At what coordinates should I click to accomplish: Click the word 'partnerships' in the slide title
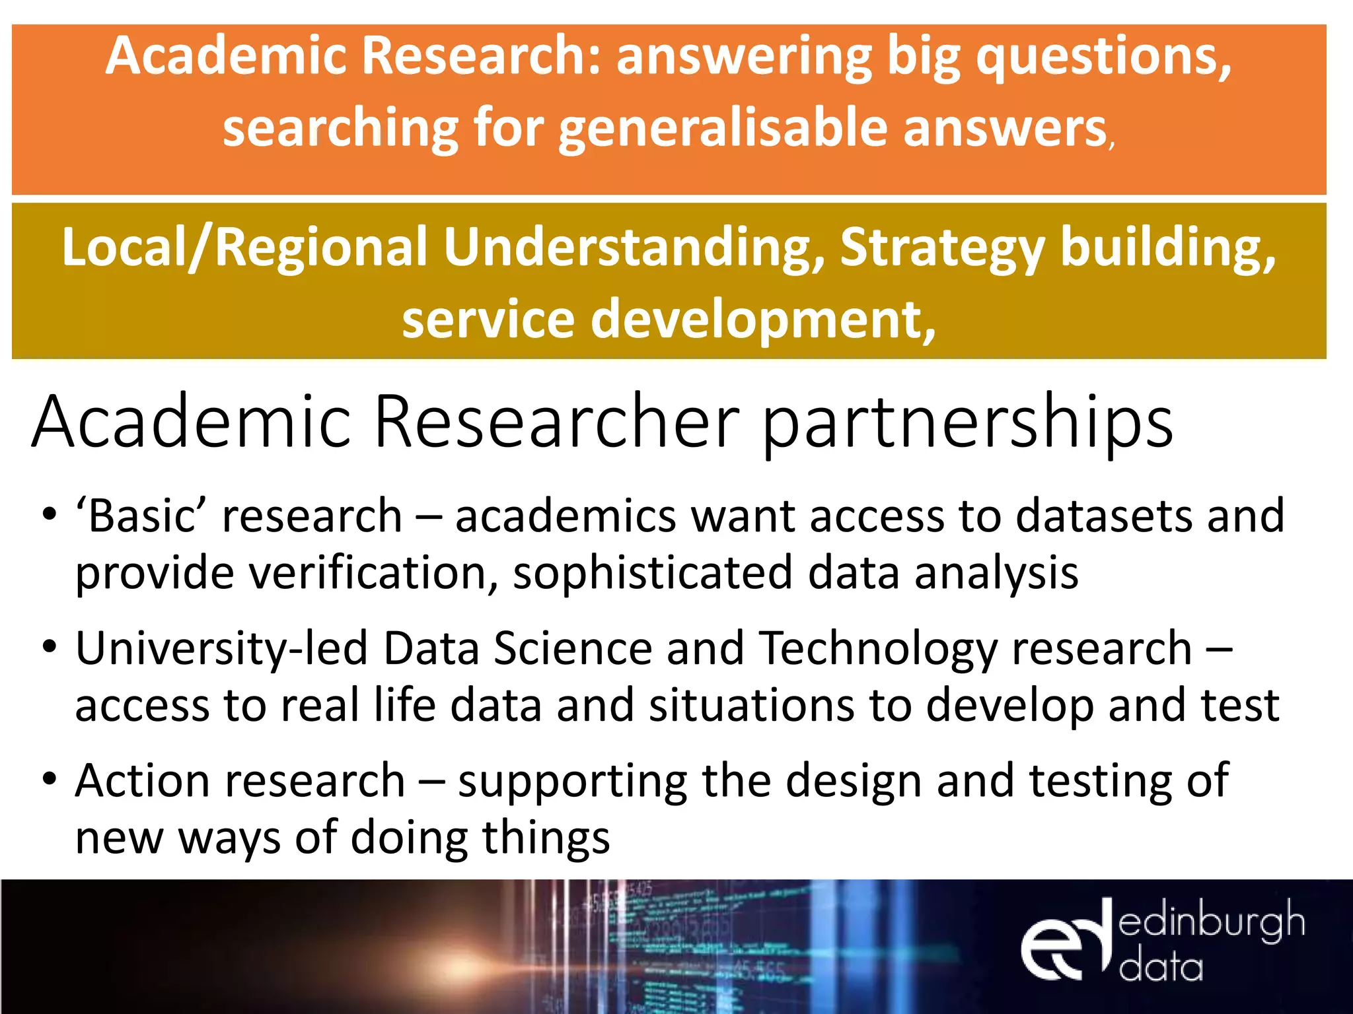tap(968, 422)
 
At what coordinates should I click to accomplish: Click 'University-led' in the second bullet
tap(222, 649)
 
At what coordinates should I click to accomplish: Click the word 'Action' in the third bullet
tap(143, 781)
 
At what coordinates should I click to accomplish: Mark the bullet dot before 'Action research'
tap(50, 779)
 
